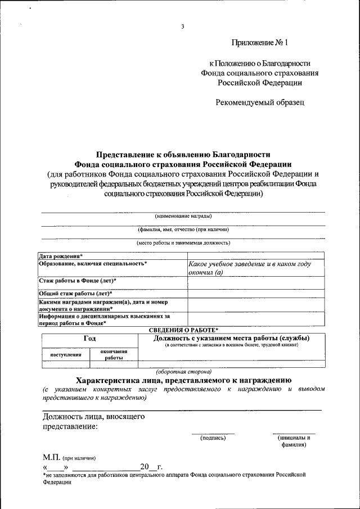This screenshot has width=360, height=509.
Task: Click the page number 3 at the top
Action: (x=183, y=26)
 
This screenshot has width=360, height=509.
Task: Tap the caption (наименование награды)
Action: (x=183, y=215)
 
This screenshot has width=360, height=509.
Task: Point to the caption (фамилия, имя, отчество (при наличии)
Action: (x=183, y=229)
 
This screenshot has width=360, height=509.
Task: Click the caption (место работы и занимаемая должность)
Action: (x=183, y=243)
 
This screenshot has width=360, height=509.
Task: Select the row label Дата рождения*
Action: (x=61, y=256)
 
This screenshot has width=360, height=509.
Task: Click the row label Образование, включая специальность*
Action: (x=93, y=263)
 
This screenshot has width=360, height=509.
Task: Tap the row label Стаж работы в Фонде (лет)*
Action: (x=78, y=280)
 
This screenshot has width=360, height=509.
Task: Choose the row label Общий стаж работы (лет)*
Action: (x=75, y=293)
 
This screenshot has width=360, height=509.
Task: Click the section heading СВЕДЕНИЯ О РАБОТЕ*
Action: (x=183, y=330)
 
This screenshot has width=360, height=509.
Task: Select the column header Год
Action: (x=89, y=339)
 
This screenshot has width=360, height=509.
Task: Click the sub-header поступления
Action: (x=66, y=354)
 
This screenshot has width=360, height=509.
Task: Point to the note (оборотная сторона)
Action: (x=183, y=372)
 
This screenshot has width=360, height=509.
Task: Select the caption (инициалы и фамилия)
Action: (x=294, y=440)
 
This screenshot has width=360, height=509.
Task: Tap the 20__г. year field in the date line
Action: (x=151, y=467)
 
